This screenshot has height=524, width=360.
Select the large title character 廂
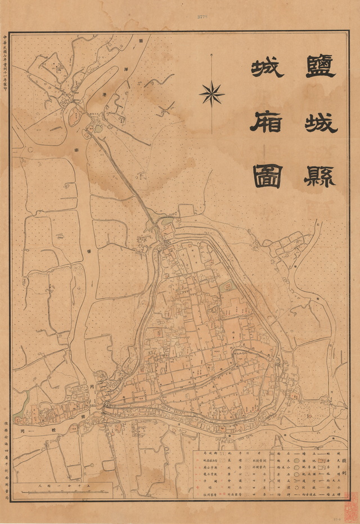click(266, 120)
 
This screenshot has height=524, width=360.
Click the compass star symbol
click(212, 94)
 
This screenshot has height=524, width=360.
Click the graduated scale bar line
click(62, 494)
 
